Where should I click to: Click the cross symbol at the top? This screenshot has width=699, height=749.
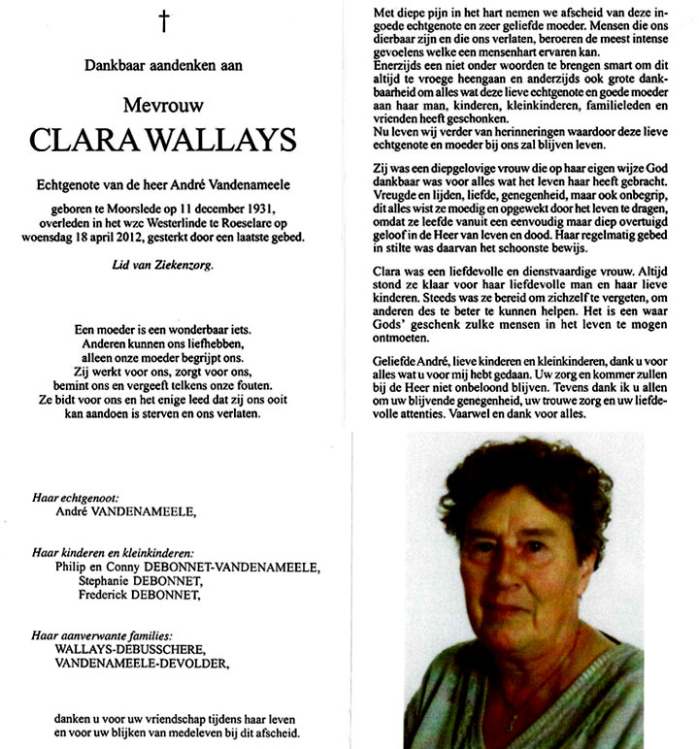[x=164, y=18]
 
